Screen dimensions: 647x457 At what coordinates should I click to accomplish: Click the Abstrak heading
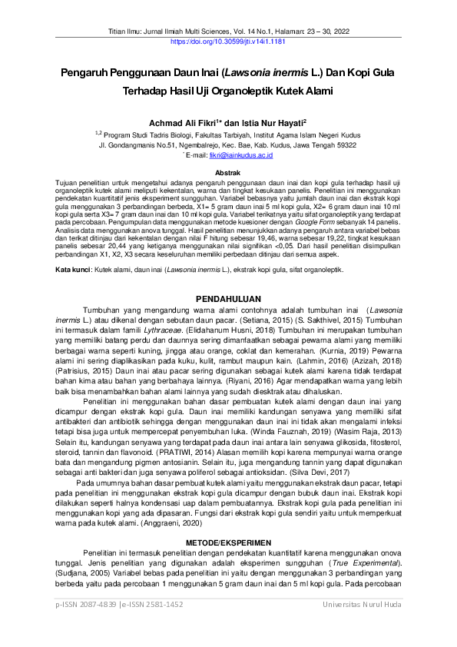click(x=228, y=173)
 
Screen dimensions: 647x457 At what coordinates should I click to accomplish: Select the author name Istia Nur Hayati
click(x=273, y=121)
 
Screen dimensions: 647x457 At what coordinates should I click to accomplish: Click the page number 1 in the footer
click(x=227, y=627)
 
